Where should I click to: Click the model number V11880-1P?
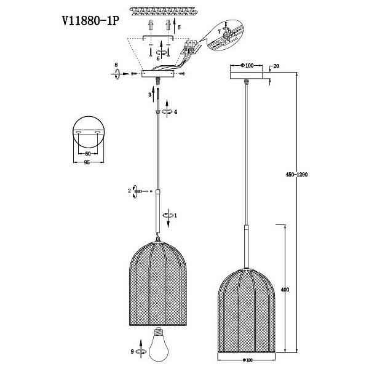(x=90, y=21)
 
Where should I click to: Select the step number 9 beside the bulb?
(x=132, y=352)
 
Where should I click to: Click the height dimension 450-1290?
(x=296, y=175)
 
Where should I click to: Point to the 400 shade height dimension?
(x=285, y=290)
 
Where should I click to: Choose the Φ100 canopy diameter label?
(x=247, y=65)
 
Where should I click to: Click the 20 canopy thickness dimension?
(x=276, y=66)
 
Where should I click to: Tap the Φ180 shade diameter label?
(x=247, y=360)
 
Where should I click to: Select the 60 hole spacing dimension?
(x=88, y=154)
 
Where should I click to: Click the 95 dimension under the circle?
(x=87, y=162)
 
